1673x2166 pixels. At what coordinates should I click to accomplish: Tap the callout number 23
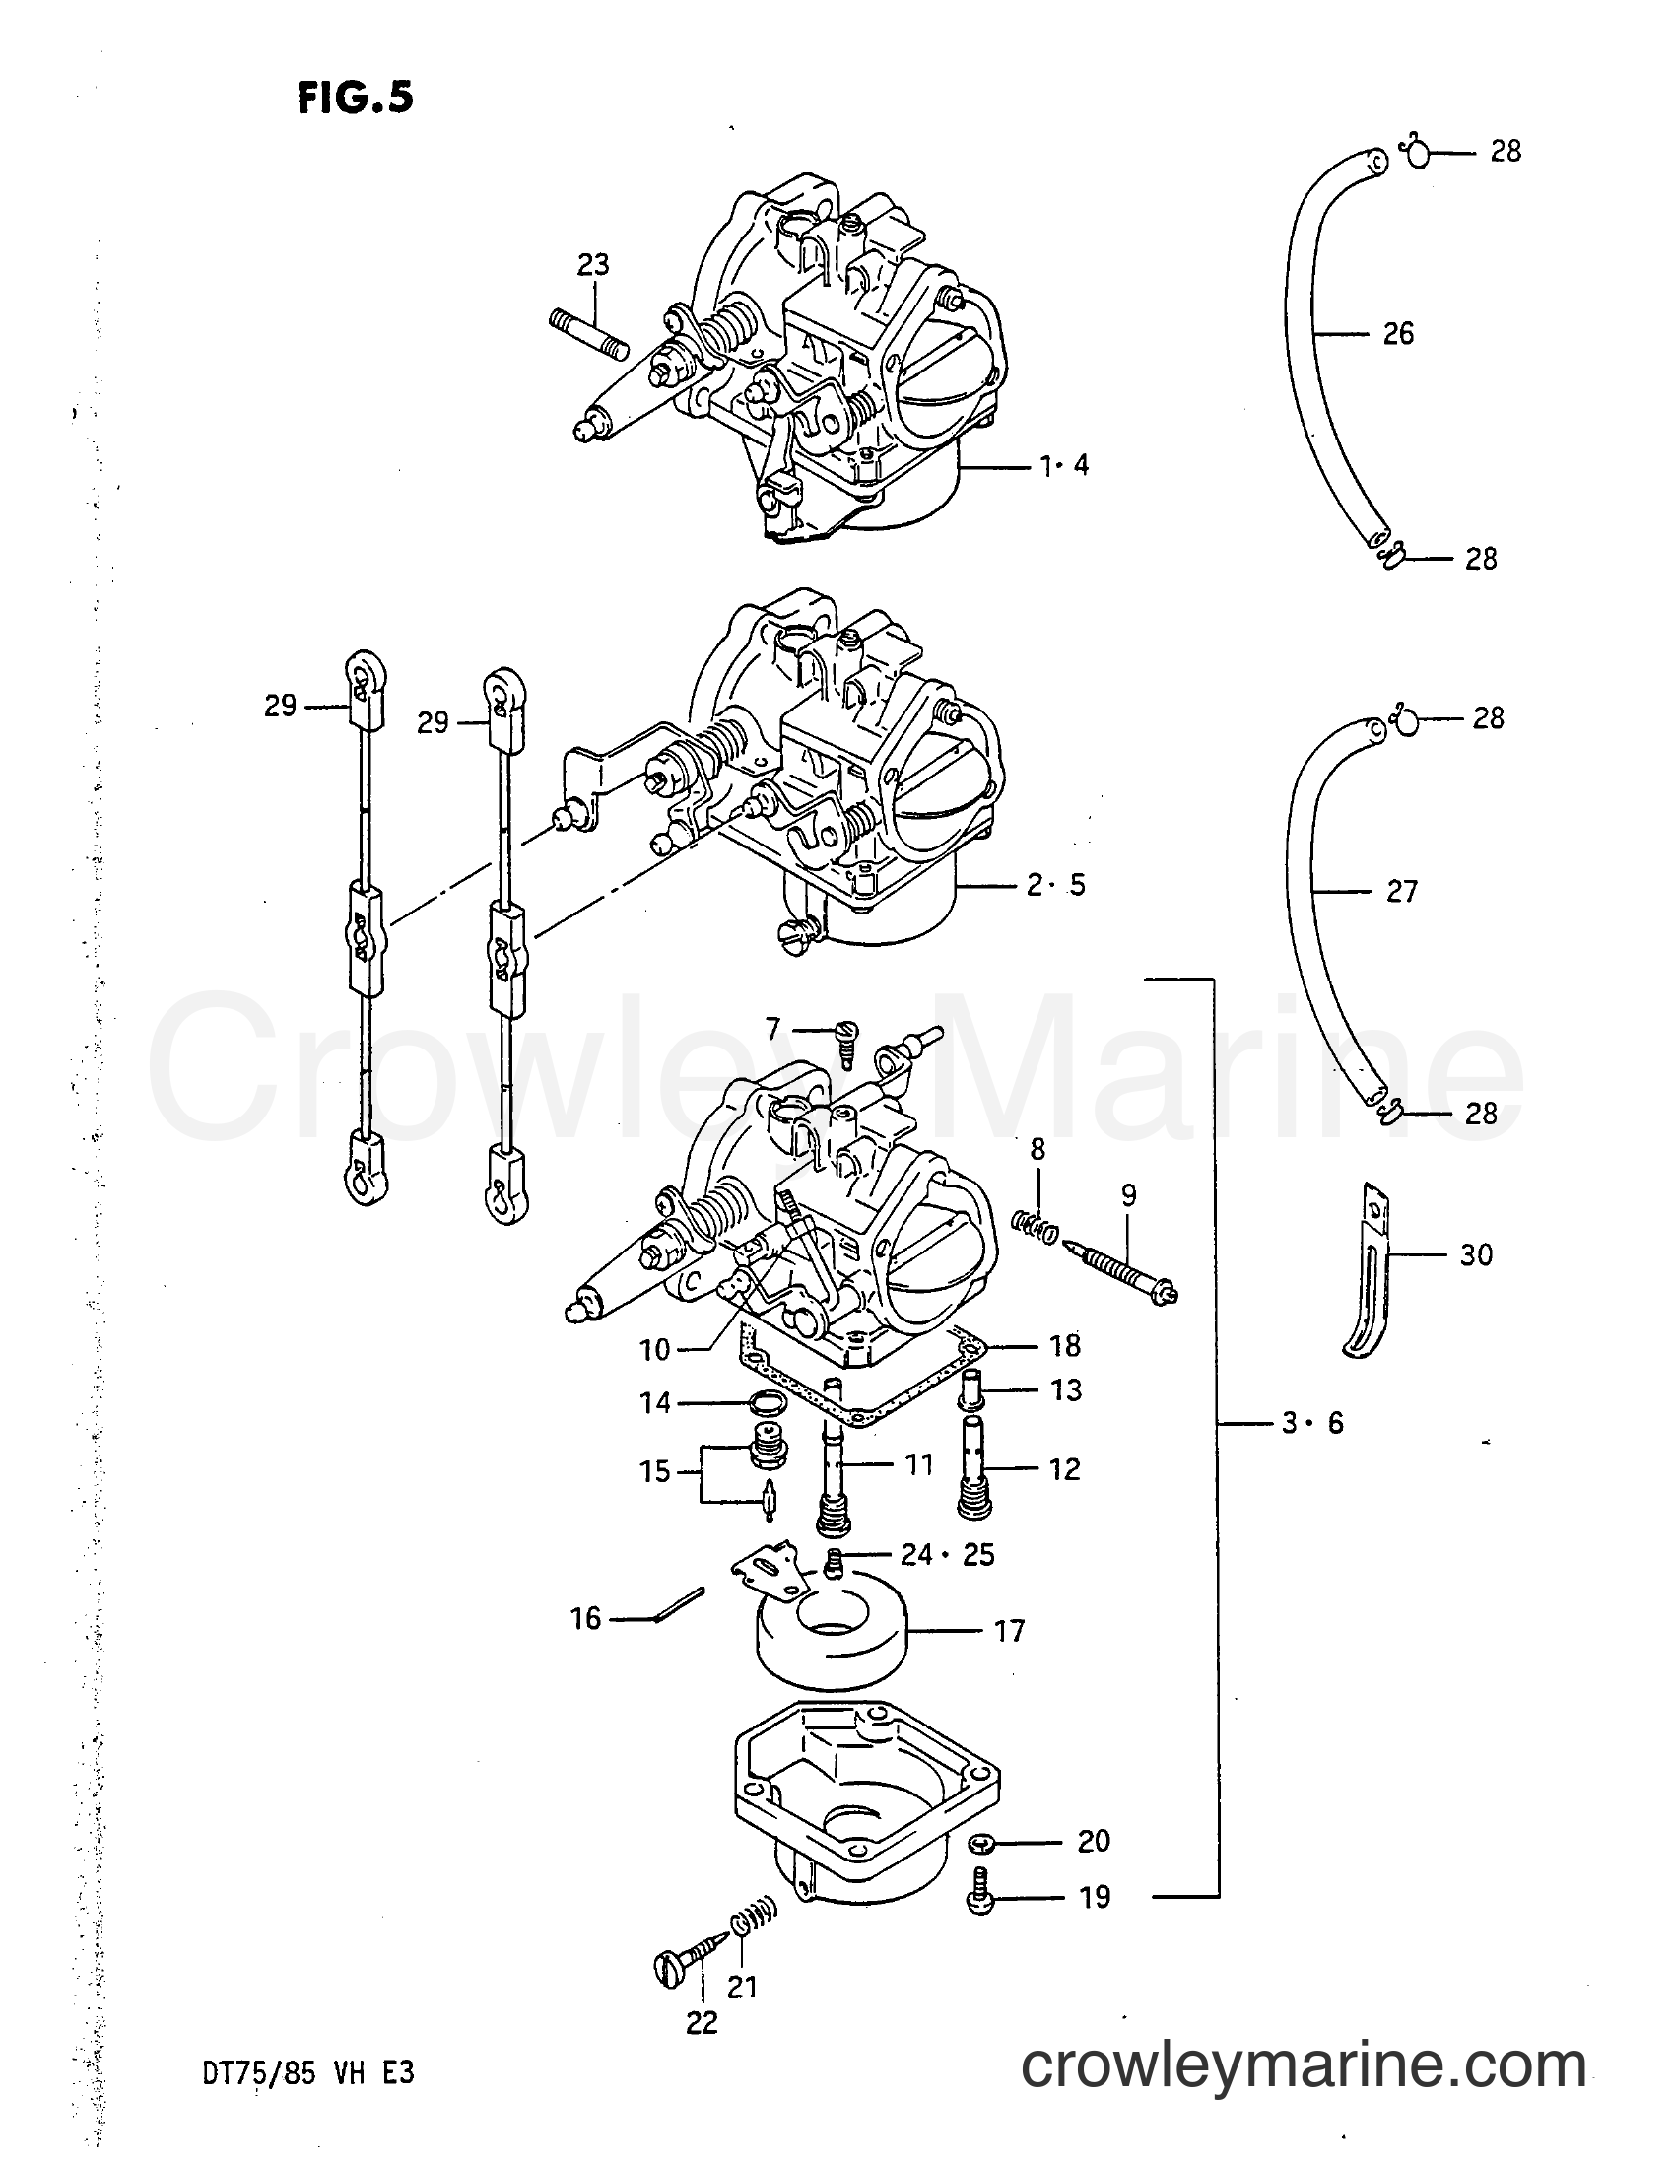[x=593, y=265]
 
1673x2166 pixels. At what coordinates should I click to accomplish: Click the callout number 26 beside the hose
[x=1398, y=334]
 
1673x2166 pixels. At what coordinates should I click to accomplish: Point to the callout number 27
[x=1401, y=892]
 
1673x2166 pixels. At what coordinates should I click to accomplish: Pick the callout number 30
[x=1477, y=1254]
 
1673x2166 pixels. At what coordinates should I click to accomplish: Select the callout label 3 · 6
[x=1312, y=1423]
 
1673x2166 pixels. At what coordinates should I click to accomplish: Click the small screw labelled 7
[x=846, y=1038]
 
